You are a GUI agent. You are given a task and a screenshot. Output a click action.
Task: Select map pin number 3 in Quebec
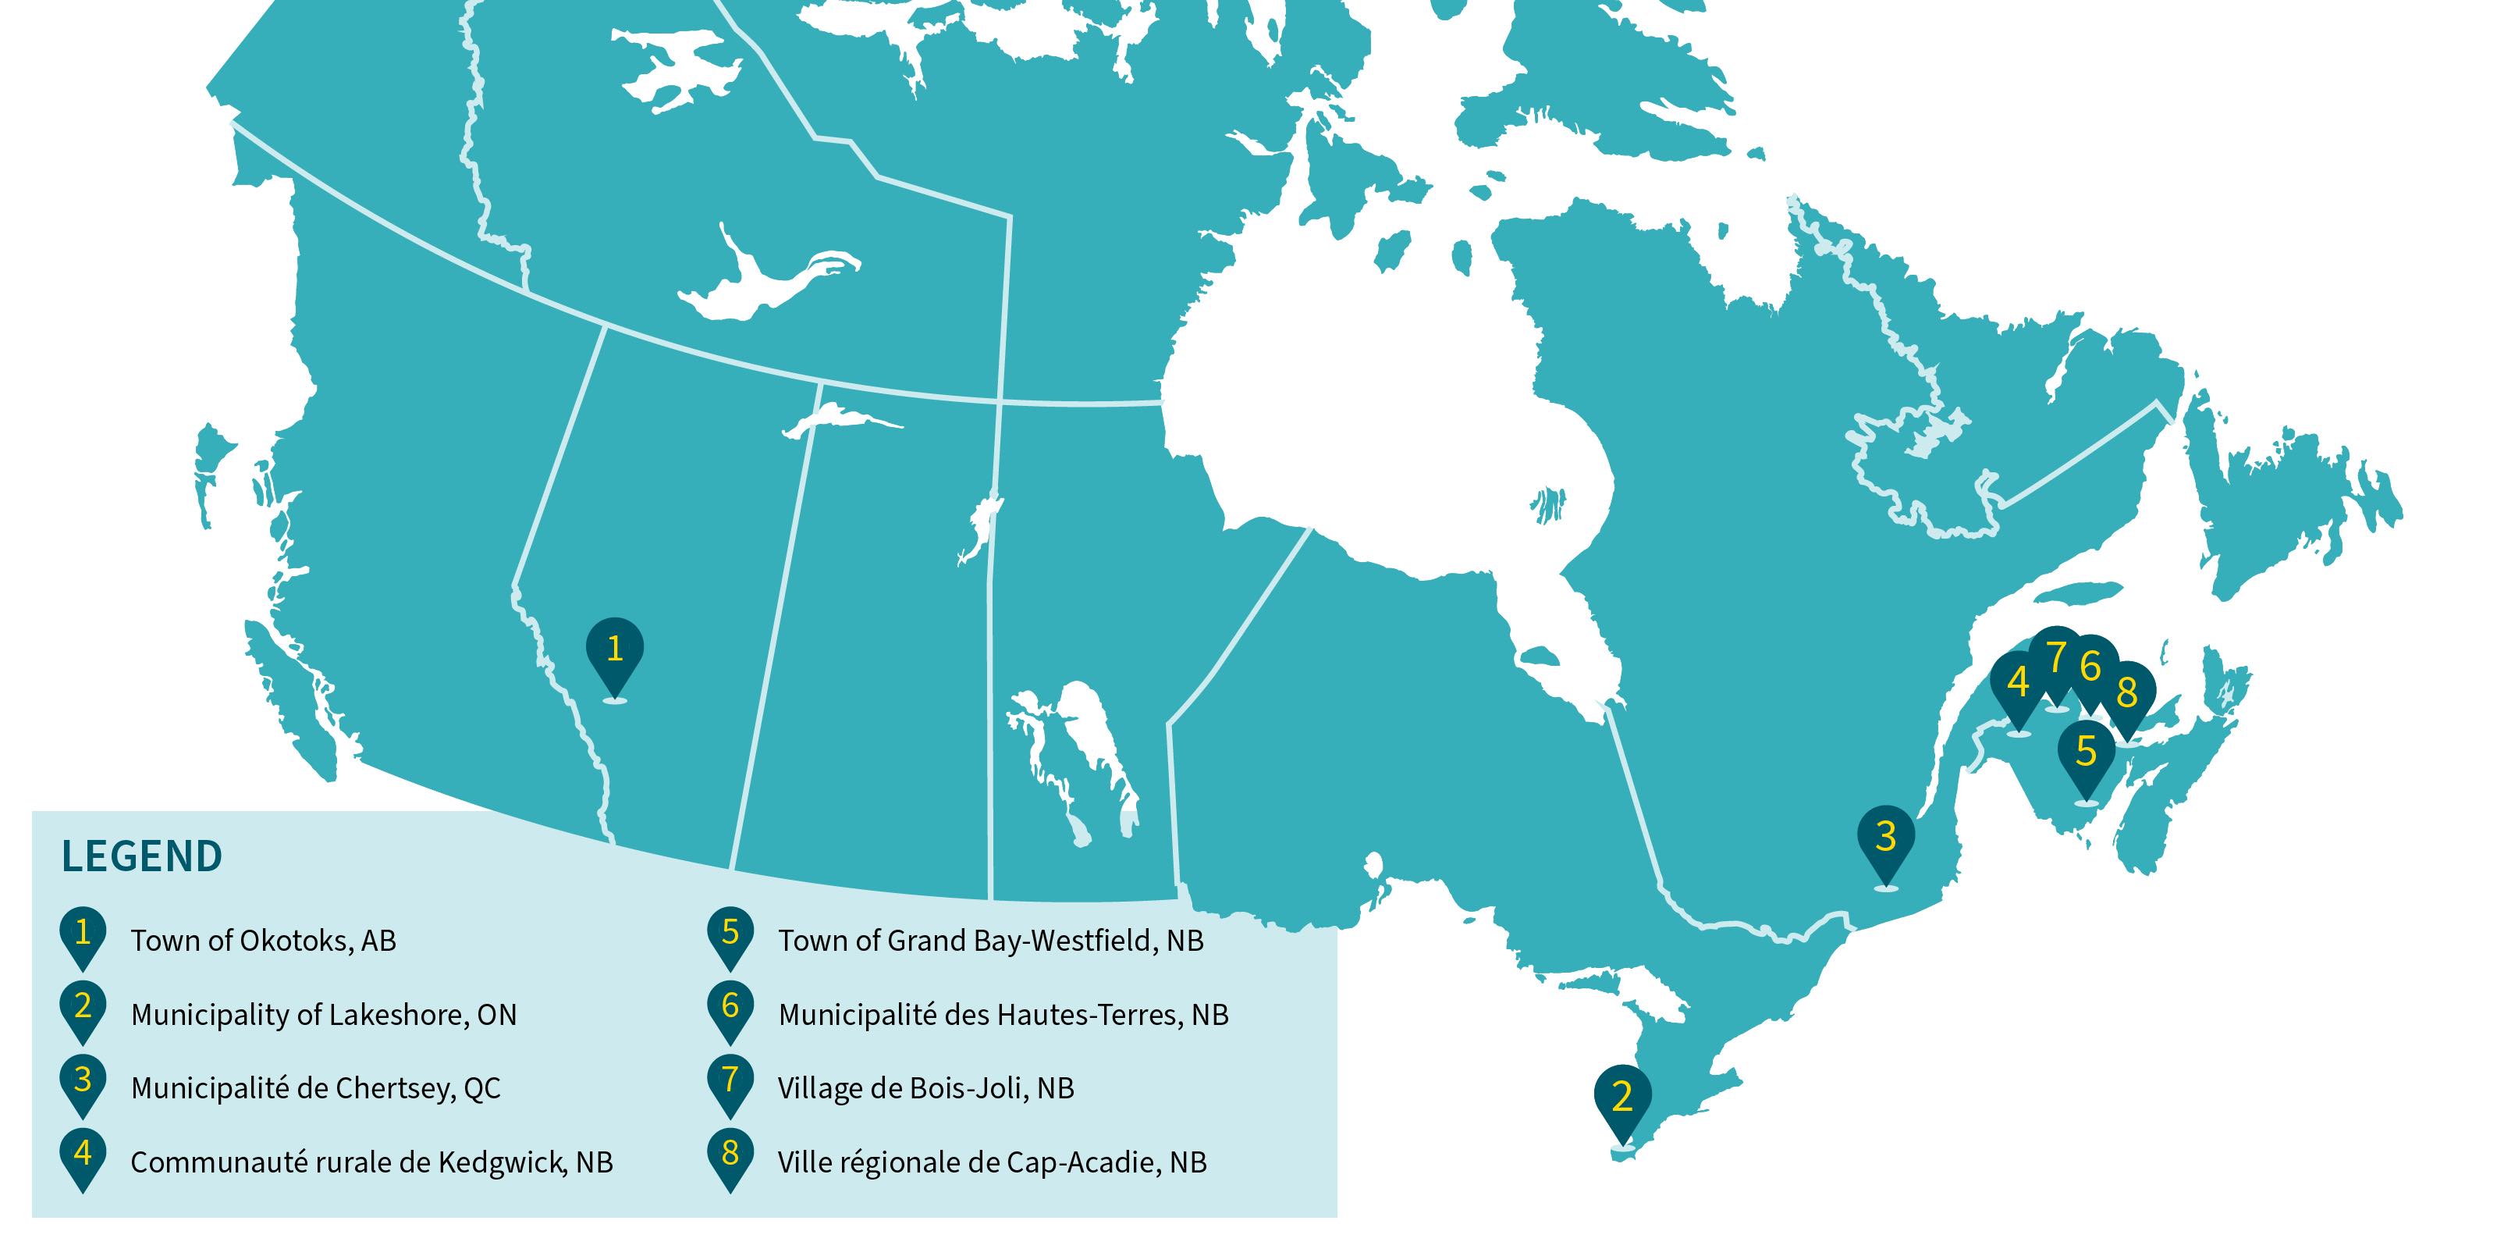(1885, 837)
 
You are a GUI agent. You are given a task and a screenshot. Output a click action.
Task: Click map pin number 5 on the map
(2086, 753)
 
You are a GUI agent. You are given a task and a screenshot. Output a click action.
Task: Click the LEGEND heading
(141, 857)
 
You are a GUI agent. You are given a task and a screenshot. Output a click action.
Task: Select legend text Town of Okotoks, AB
(264, 941)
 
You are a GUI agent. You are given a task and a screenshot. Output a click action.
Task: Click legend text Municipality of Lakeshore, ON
(324, 1016)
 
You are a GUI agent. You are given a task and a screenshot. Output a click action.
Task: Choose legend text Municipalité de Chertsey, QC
(316, 1089)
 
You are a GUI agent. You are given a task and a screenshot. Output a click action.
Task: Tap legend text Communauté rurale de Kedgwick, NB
(371, 1162)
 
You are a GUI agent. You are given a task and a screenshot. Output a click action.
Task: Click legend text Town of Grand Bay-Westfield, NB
(991, 941)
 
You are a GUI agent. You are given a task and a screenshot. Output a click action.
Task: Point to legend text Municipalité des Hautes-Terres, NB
(1003, 1016)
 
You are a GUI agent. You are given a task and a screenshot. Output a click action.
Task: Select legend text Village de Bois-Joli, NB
(925, 1089)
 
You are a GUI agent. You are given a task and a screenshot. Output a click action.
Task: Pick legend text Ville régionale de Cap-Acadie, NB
(992, 1162)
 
